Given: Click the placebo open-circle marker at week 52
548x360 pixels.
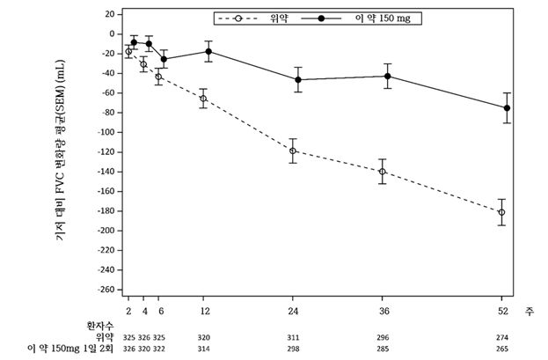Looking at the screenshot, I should tap(501, 212).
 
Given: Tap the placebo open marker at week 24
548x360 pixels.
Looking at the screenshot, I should tap(293, 151).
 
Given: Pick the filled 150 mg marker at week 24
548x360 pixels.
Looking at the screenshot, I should tap(298, 79).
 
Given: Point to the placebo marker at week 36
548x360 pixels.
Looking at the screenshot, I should tap(382, 172).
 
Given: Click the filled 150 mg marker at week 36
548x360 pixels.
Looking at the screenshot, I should tap(388, 76).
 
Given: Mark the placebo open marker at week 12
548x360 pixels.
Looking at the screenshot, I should tap(203, 99).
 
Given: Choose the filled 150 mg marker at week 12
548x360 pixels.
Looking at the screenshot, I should tap(208, 51).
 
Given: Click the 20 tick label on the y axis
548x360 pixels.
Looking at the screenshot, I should tap(110, 15).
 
